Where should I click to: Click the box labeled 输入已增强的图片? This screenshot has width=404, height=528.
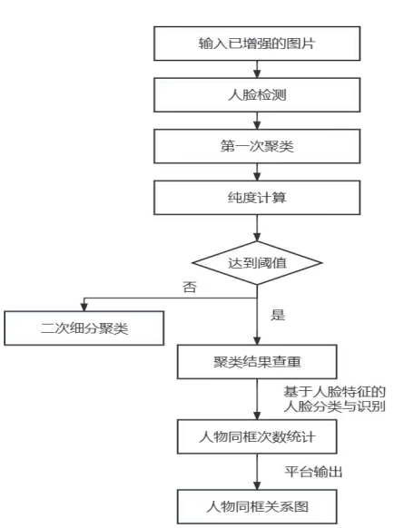257,44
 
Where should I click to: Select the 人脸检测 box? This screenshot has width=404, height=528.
257,95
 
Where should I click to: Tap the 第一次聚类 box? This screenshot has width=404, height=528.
257,146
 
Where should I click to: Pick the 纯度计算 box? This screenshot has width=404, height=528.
257,198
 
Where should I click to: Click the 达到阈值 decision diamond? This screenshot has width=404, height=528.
257,263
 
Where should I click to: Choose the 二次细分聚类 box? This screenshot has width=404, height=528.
84,328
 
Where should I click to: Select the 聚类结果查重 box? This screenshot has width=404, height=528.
257,362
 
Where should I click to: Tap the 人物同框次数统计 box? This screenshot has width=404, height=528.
257,436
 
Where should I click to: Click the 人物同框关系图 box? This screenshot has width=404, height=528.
257,506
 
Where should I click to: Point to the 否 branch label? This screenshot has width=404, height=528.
190,287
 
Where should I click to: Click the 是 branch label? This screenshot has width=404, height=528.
278,315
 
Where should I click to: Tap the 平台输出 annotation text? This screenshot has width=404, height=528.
313,472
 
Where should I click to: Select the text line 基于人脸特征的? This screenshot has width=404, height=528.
334,392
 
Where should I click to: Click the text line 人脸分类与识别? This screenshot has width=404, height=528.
334,406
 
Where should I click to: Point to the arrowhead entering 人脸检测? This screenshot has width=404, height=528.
257,74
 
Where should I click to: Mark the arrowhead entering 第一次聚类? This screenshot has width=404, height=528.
257,125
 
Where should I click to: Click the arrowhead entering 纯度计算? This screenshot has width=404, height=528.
257,176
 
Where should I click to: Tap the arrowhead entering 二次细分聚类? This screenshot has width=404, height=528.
84,308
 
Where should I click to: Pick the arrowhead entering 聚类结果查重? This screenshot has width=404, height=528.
257,341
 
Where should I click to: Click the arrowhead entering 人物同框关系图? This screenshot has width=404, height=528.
257,485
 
